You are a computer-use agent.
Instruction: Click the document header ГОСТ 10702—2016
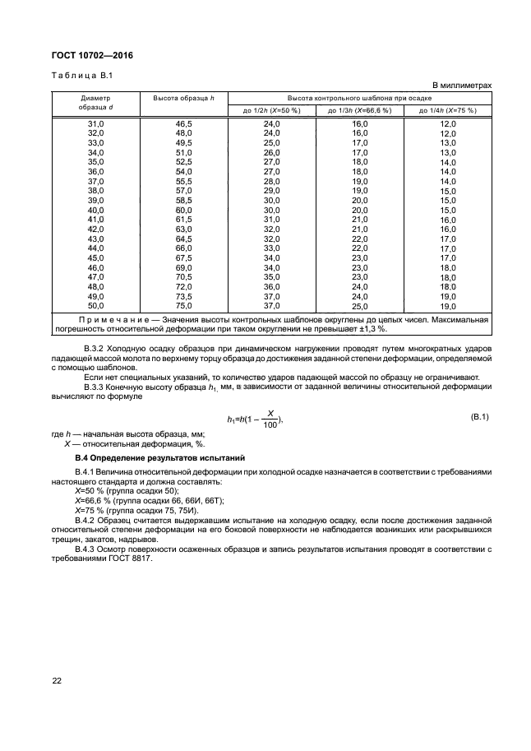pos(92,55)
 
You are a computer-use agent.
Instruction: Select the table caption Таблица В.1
pos(81,76)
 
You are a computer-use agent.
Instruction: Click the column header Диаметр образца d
pos(95,103)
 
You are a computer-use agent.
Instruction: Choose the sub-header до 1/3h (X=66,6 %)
pos(359,110)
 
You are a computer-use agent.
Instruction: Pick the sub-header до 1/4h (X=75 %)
pos(447,110)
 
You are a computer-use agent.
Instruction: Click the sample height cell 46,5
pos(183,123)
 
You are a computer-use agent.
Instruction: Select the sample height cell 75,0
pos(183,305)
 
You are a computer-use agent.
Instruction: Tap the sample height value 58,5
pos(183,200)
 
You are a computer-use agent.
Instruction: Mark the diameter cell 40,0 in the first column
pos(95,210)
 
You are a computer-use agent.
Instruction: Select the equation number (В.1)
pos(479,418)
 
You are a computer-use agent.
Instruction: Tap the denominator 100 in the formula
pos(269,425)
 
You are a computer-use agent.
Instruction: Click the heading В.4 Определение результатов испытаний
pos(163,456)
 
